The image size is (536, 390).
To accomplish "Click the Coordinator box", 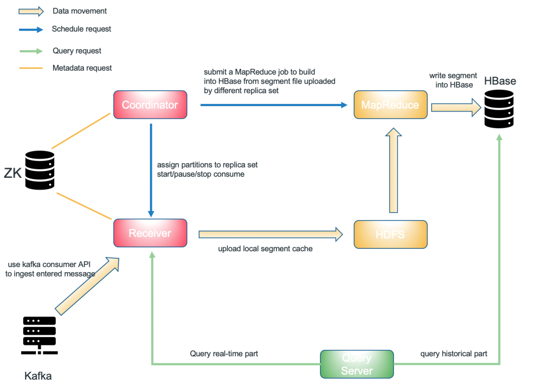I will pyautogui.click(x=150, y=105).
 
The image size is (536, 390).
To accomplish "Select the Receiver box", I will pyautogui.click(x=150, y=233).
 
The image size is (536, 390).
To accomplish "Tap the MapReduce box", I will pyautogui.click(x=390, y=105).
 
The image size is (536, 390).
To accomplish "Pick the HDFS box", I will pyautogui.click(x=390, y=234).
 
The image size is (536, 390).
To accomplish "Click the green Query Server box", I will pyautogui.click(x=356, y=364).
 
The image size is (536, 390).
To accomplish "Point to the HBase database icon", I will pyautogui.click(x=499, y=110).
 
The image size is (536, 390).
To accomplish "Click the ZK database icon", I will pyautogui.click(x=39, y=170).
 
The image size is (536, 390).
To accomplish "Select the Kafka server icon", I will pyautogui.click(x=39, y=335).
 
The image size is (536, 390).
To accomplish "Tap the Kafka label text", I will pyautogui.click(x=38, y=376).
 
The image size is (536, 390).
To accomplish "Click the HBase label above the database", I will pyautogui.click(x=500, y=81).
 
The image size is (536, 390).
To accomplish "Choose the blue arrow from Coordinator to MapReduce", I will pyautogui.click(x=273, y=105).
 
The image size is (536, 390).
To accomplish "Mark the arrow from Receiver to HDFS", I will pyautogui.click(x=270, y=233).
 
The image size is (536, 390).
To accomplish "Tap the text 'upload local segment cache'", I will pyautogui.click(x=266, y=248).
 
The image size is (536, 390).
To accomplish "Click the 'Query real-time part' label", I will pyautogui.click(x=224, y=354).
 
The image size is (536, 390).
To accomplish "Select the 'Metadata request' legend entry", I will pyautogui.click(x=82, y=68).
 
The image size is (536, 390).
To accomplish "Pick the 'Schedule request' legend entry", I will pyautogui.click(x=81, y=29).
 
